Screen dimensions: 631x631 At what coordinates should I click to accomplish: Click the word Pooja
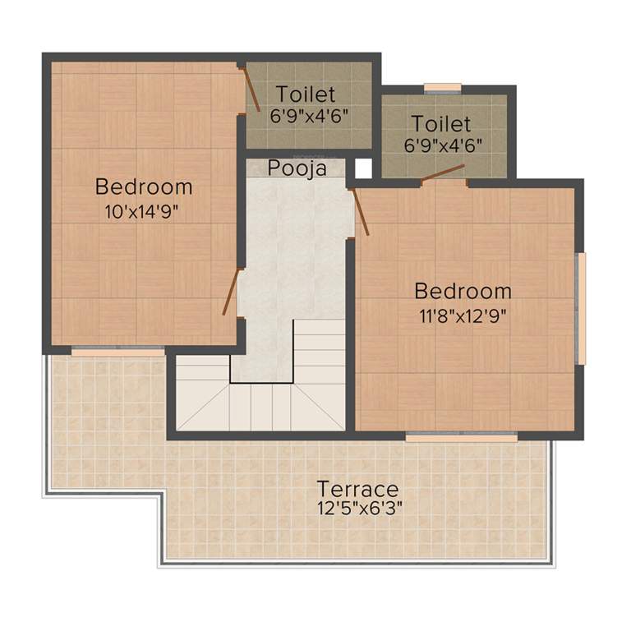(x=297, y=168)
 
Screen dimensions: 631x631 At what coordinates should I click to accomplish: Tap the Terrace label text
(x=358, y=489)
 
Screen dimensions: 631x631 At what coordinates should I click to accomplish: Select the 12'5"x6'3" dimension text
(x=360, y=508)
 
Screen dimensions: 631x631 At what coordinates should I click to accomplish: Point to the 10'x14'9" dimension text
(x=142, y=211)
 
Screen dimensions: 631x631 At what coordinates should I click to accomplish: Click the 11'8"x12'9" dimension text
(x=463, y=315)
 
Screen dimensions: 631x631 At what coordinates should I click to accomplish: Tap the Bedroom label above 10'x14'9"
(x=144, y=187)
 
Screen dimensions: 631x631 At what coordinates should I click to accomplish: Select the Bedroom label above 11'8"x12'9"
(x=463, y=292)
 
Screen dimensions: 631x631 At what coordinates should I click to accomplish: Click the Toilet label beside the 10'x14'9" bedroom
(x=306, y=92)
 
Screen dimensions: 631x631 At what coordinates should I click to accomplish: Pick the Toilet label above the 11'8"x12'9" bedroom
(x=441, y=124)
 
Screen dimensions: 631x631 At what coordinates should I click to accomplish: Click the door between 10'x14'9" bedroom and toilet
(x=250, y=88)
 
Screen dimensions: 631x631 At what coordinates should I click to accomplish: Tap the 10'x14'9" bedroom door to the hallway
(x=230, y=291)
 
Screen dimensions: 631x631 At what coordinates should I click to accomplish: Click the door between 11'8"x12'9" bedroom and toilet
(x=443, y=173)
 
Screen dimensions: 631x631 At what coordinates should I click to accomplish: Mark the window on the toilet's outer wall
(x=442, y=88)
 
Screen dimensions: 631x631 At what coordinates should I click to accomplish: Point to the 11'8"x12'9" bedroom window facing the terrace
(x=461, y=437)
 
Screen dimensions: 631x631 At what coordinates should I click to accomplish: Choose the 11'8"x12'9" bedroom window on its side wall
(x=581, y=307)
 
